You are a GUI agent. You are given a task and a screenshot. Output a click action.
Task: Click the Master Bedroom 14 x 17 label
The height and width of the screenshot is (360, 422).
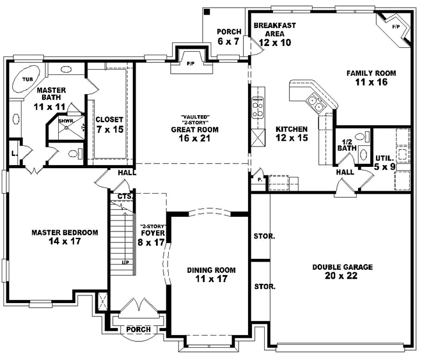pos(65,236)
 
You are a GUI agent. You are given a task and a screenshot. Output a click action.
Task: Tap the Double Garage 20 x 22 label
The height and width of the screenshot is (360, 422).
pos(342,271)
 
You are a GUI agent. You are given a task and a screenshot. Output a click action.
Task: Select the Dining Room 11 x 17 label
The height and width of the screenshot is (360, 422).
pos(211,275)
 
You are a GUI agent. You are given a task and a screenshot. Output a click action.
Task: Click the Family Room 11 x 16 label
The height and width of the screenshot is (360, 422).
pos(371,78)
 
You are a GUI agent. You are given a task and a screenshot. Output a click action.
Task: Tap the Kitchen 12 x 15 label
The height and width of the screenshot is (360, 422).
pos(292,133)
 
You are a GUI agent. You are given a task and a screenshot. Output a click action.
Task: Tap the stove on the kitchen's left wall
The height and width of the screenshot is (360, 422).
pos(257,107)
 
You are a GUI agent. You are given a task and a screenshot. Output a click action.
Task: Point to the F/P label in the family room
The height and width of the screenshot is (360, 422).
pos(396,27)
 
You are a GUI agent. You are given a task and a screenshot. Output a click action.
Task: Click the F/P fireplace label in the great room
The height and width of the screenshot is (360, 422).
pos(190,63)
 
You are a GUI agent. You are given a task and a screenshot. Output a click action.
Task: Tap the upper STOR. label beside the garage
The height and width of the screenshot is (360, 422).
pos(264,237)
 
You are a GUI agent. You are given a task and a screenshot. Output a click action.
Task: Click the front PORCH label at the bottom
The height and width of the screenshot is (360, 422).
pos(138,329)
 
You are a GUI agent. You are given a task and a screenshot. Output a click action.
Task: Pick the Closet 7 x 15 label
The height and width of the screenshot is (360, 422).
pos(109,125)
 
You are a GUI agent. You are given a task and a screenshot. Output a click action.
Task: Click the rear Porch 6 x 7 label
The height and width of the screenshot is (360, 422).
pos(225,36)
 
